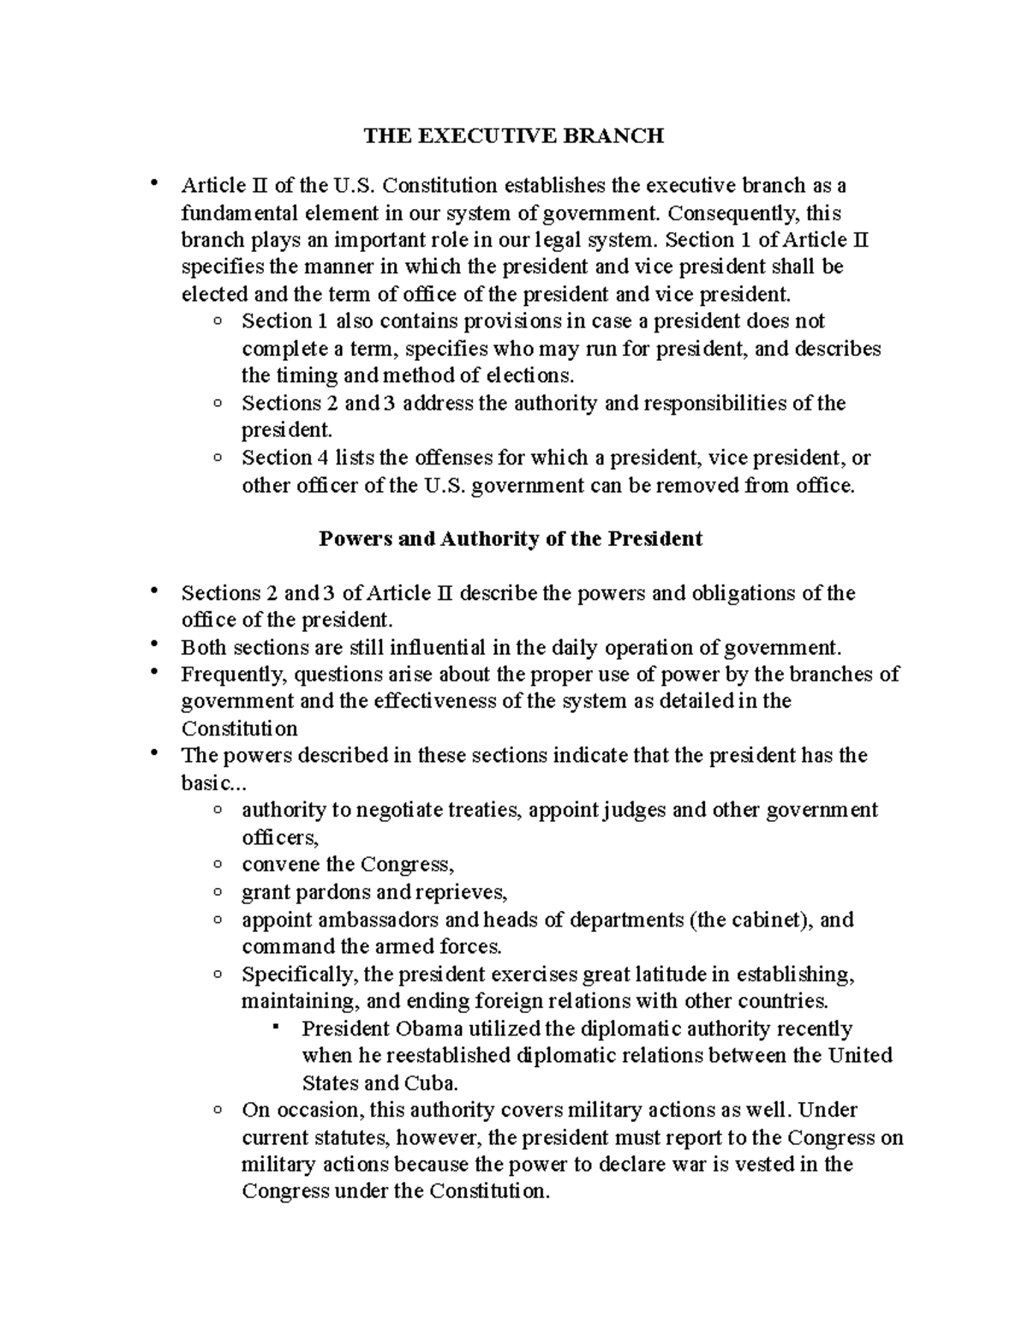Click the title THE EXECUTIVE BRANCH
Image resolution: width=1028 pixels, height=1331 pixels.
point(513,135)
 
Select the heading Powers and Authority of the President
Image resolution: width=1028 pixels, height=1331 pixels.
point(510,539)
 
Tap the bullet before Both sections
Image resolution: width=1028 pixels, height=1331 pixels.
point(154,645)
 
